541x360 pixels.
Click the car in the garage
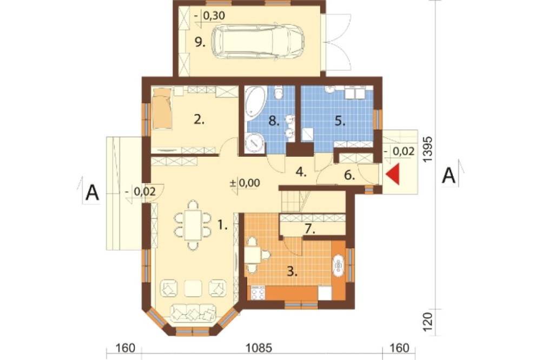[x=258, y=42]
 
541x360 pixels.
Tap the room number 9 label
[x=200, y=42]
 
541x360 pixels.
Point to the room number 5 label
[x=340, y=122]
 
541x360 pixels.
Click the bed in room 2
[x=162, y=108]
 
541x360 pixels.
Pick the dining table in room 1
[x=193, y=225]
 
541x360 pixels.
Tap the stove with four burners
[x=258, y=293]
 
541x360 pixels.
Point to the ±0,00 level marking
[x=245, y=183]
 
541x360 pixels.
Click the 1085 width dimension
[x=259, y=348]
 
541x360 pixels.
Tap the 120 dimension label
[x=427, y=322]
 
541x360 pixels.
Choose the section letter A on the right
[x=449, y=176]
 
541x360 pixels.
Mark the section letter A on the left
[x=92, y=193]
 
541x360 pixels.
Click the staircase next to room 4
[x=295, y=202]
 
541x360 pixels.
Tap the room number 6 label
[x=349, y=175]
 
